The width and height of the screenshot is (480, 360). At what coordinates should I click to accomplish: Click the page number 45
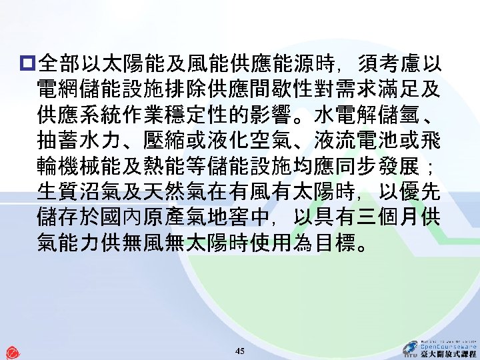click(x=241, y=351)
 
